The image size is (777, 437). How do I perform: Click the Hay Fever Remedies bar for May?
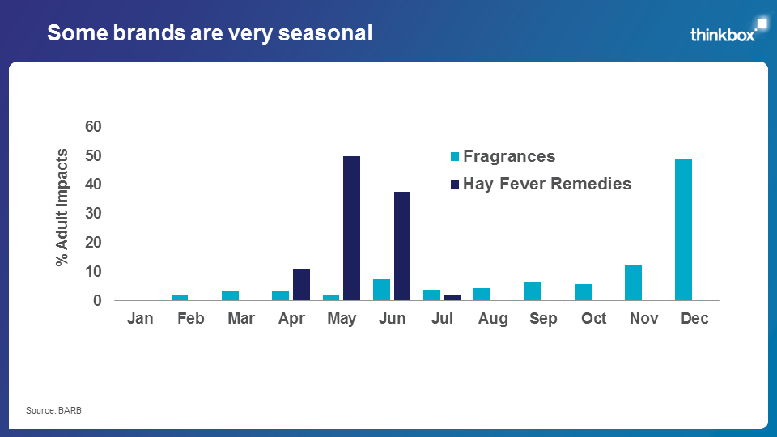(x=351, y=228)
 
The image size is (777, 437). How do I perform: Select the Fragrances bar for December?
(x=684, y=230)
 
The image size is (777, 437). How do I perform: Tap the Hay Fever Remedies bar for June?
(x=401, y=246)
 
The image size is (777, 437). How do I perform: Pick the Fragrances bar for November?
(x=634, y=282)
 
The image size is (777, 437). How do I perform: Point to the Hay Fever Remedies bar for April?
(x=301, y=285)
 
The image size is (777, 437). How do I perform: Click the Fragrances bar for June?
(x=381, y=290)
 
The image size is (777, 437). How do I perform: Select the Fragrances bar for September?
(x=533, y=291)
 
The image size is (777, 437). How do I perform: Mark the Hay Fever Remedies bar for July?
(x=452, y=298)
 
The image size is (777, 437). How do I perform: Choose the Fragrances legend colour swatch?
(x=455, y=157)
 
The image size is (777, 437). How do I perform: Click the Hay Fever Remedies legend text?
(x=547, y=184)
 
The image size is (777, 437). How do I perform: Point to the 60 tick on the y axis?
(x=93, y=126)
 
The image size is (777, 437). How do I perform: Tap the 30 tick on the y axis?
(x=93, y=214)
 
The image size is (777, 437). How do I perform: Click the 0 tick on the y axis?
(x=97, y=301)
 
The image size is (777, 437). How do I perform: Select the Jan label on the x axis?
(x=140, y=319)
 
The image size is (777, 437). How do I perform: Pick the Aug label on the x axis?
(x=493, y=319)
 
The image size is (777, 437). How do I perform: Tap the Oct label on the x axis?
(x=593, y=319)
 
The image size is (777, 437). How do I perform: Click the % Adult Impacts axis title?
(x=62, y=207)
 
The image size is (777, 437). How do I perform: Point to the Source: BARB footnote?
(x=54, y=411)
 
